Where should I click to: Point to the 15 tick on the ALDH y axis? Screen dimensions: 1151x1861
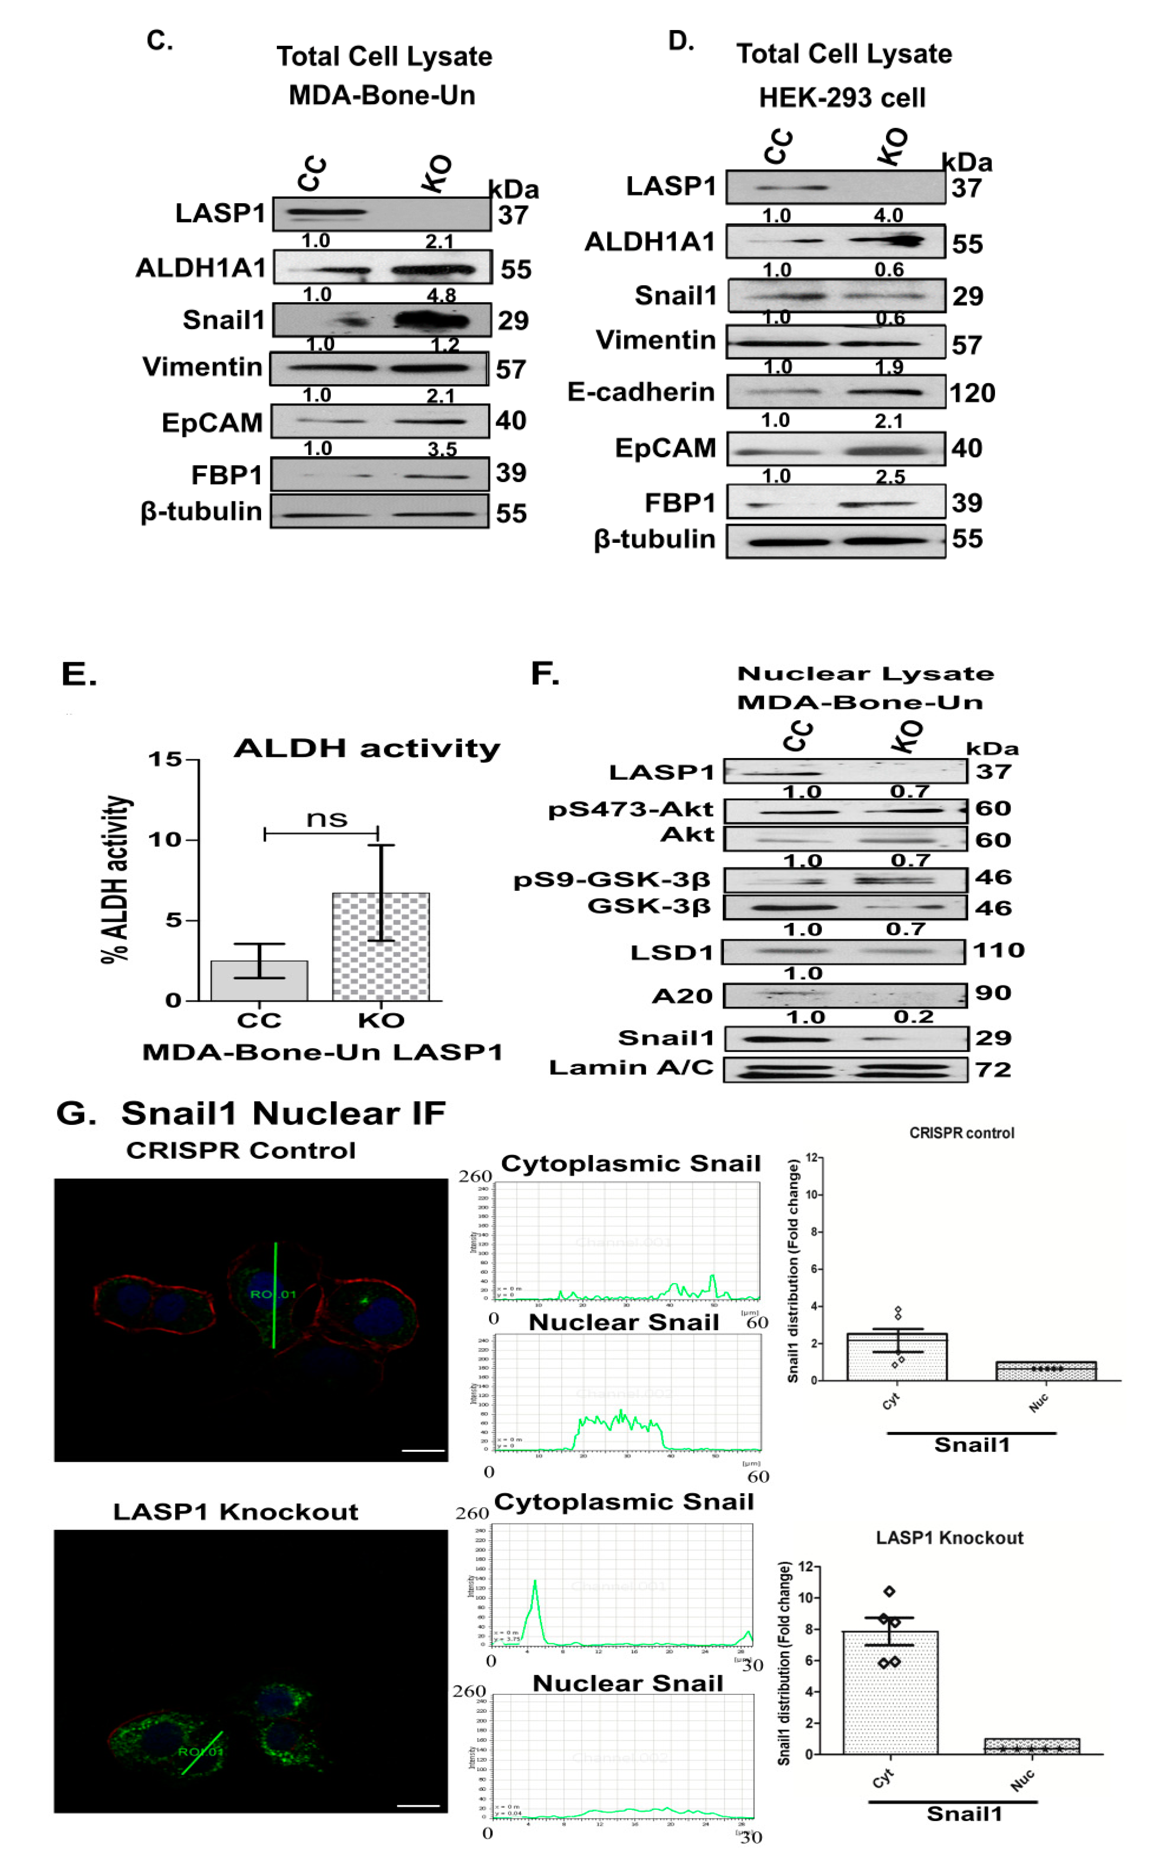click(164, 759)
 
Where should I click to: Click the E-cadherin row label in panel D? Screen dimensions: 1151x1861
click(641, 392)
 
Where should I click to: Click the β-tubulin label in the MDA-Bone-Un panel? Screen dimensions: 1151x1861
click(201, 511)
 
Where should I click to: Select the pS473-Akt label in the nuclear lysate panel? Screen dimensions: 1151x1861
click(630, 809)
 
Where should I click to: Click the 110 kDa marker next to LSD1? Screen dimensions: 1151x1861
click(999, 950)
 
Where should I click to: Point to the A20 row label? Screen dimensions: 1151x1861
click(682, 996)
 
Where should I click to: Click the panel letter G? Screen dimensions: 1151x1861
click(76, 1113)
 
